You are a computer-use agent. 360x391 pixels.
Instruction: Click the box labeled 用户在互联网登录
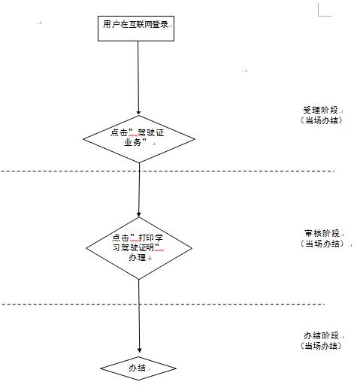(x=136, y=29)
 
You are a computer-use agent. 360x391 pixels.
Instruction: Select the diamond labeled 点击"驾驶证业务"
(x=139, y=139)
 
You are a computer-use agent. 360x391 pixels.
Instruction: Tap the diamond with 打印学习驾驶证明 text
(x=139, y=248)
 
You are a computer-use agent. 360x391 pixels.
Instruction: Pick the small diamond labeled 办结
(x=138, y=368)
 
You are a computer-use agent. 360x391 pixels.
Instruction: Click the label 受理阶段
(x=320, y=110)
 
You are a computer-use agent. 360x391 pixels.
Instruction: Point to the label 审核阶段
(x=322, y=233)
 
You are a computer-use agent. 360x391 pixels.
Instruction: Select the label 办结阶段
(x=321, y=335)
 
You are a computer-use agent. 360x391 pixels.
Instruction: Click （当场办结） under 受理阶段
(x=321, y=120)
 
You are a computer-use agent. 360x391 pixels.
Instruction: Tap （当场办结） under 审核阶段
(x=322, y=244)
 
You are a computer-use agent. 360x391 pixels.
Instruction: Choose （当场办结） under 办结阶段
(x=321, y=346)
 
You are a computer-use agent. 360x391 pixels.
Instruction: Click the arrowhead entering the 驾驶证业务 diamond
(x=138, y=113)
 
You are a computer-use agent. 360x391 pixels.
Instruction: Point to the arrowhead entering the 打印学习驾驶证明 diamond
(x=139, y=215)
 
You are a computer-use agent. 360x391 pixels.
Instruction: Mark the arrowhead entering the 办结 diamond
(x=140, y=350)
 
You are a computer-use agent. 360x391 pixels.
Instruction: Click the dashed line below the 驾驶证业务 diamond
(x=168, y=171)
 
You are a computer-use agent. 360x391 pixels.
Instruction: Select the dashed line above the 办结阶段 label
(x=163, y=304)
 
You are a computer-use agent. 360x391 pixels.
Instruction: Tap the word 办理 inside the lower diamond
(x=137, y=257)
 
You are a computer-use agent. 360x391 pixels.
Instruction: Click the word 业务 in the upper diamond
(x=132, y=142)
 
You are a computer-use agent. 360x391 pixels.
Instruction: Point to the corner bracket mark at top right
(x=325, y=10)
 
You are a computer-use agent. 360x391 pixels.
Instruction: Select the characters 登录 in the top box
(x=160, y=24)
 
